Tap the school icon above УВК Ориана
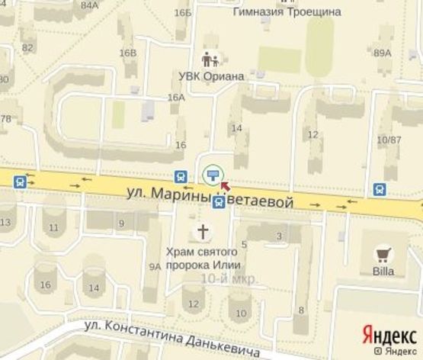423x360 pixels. [210, 59]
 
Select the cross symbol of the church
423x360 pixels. [203, 232]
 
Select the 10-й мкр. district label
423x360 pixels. [229, 279]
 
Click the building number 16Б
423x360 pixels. [182, 12]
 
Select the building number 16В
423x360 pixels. [127, 53]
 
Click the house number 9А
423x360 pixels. [155, 266]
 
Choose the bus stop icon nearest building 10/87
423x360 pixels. [379, 188]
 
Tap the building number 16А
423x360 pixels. [176, 98]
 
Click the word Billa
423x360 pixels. [383, 271]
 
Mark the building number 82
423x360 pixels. [28, 47]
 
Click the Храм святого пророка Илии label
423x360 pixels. [204, 257]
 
